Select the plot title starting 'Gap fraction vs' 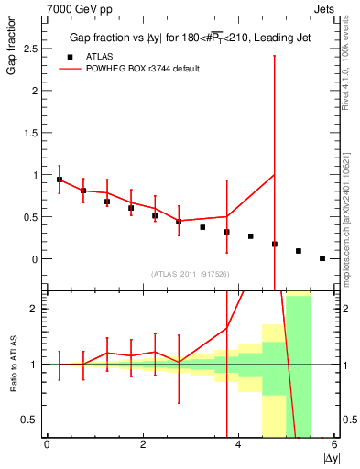pyautogui.click(x=183, y=38)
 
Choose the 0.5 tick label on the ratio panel pyautogui.click(x=30, y=420)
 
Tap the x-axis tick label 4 pyautogui.click(x=238, y=444)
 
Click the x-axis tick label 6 pyautogui.click(x=334, y=444)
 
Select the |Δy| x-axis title pyautogui.click(x=329, y=458)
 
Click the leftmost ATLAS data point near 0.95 pyautogui.click(x=60, y=180)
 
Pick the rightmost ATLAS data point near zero pyautogui.click(x=322, y=258)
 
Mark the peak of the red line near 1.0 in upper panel pyautogui.click(x=275, y=175)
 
